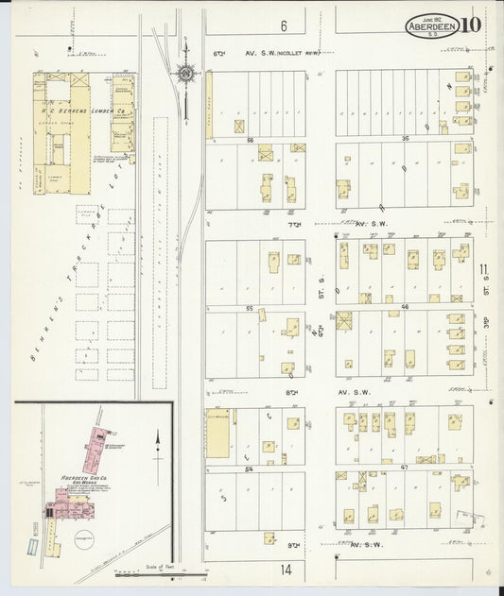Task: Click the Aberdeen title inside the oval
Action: pyautogui.click(x=433, y=26)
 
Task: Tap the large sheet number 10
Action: pyautogui.click(x=473, y=25)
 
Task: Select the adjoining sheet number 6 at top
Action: pyautogui.click(x=282, y=26)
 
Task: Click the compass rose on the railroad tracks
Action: pyautogui.click(x=186, y=73)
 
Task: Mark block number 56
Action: pyautogui.click(x=252, y=139)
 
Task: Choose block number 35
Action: pyautogui.click(x=405, y=139)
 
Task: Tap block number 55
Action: pyautogui.click(x=251, y=309)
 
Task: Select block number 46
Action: pyautogui.click(x=405, y=309)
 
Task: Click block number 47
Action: pyautogui.click(x=405, y=468)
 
